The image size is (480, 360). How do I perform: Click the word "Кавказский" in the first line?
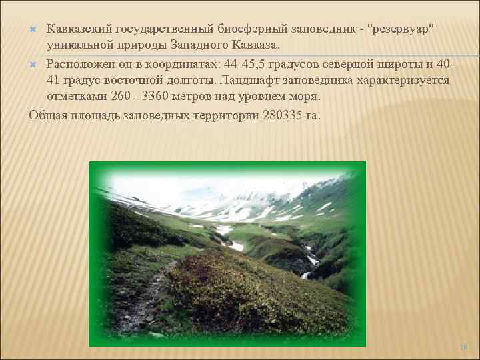[x=79, y=29]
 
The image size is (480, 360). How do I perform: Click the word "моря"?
[x=306, y=97]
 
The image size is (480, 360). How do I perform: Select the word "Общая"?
[x=49, y=114]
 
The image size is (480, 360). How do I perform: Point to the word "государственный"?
[x=167, y=29]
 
